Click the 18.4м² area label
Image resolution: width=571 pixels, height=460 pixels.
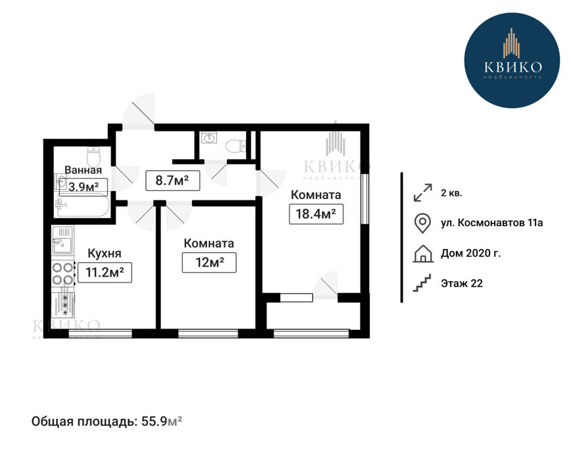[x=316, y=214]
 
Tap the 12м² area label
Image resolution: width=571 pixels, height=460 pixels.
[x=209, y=262]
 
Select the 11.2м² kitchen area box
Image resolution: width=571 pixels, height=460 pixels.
[x=105, y=272]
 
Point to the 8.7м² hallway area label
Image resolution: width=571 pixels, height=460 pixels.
[x=172, y=180]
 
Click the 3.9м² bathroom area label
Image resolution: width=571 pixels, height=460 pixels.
[x=84, y=187]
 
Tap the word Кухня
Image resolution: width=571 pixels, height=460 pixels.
[x=105, y=253]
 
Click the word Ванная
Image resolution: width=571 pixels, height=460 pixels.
[x=83, y=170]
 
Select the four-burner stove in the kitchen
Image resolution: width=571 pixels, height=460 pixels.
[x=62, y=273]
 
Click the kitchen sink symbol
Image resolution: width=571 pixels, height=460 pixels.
[x=62, y=240]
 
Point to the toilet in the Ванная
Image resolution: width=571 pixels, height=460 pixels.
[x=93, y=156]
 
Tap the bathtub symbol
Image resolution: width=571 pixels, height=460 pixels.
[x=82, y=206]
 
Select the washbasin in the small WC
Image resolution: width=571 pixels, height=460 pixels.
[x=209, y=138]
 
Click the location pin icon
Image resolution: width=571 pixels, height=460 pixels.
[x=423, y=223]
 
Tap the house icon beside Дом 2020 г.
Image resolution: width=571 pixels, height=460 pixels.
[x=423, y=254]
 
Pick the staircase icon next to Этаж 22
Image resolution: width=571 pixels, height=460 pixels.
[x=422, y=283]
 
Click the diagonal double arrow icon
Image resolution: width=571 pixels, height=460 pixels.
[x=423, y=193]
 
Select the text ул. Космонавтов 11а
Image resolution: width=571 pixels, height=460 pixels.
[x=491, y=223]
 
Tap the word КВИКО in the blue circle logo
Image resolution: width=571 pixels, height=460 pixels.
[x=512, y=67]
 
